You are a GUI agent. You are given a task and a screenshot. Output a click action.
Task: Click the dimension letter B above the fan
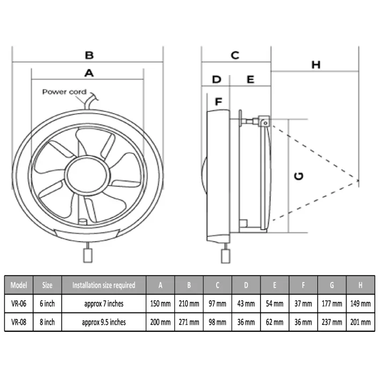[x=89, y=55]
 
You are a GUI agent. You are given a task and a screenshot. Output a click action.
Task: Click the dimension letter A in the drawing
[x=89, y=73]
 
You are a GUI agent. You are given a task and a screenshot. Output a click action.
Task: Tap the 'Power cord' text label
[x=64, y=92]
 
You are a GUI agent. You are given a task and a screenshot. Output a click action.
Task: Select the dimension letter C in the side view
[x=235, y=55]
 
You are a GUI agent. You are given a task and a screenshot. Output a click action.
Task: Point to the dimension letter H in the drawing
[x=316, y=65]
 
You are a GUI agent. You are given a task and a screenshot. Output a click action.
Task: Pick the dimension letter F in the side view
[x=218, y=101]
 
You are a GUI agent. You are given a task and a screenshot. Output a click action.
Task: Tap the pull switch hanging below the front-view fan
[x=87, y=255]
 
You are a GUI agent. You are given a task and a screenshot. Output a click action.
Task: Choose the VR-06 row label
[x=19, y=303]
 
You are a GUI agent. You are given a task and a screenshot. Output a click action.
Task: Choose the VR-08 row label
[x=19, y=322]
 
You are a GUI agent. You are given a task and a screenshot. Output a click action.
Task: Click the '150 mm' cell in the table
[x=160, y=303]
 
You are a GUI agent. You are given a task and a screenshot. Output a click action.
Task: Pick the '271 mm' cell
[x=189, y=322]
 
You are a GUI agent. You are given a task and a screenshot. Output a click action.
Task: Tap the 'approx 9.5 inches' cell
[x=103, y=322]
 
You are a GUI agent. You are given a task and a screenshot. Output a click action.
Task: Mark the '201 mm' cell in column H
[x=359, y=322]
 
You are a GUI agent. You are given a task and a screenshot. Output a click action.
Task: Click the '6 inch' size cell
[x=47, y=303]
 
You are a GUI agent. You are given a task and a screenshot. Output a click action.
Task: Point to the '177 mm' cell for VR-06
[x=332, y=303]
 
